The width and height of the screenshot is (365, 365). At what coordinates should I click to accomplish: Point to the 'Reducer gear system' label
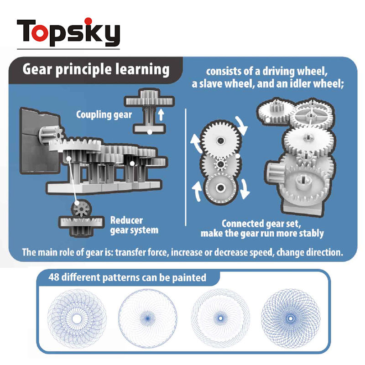click(134, 225)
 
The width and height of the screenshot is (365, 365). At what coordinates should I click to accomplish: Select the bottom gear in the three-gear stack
click(221, 188)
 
